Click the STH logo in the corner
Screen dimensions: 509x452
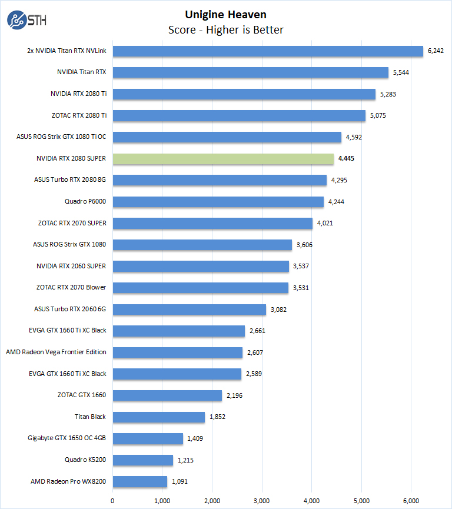[27, 20]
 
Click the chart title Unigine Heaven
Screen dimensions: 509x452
[225, 14]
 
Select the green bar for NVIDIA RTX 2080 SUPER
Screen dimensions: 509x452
[223, 159]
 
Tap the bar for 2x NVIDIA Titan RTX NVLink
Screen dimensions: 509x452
[268, 51]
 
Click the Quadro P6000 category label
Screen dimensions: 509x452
[85, 202]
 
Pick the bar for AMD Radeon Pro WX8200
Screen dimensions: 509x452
[140, 481]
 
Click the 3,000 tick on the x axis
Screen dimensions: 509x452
[262, 500]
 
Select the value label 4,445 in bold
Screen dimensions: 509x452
[346, 159]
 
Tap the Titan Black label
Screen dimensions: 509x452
[90, 417]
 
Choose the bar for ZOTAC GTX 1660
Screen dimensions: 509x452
[167, 395]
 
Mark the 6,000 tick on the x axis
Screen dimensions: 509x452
[411, 500]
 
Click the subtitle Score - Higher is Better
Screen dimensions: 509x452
[225, 30]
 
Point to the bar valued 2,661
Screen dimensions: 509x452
[178, 331]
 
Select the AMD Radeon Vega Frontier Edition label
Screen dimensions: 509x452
[56, 352]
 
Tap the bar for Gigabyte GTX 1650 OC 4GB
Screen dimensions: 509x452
[148, 438]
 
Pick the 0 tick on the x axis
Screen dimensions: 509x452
[112, 500]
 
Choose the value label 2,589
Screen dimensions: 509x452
[254, 374]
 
